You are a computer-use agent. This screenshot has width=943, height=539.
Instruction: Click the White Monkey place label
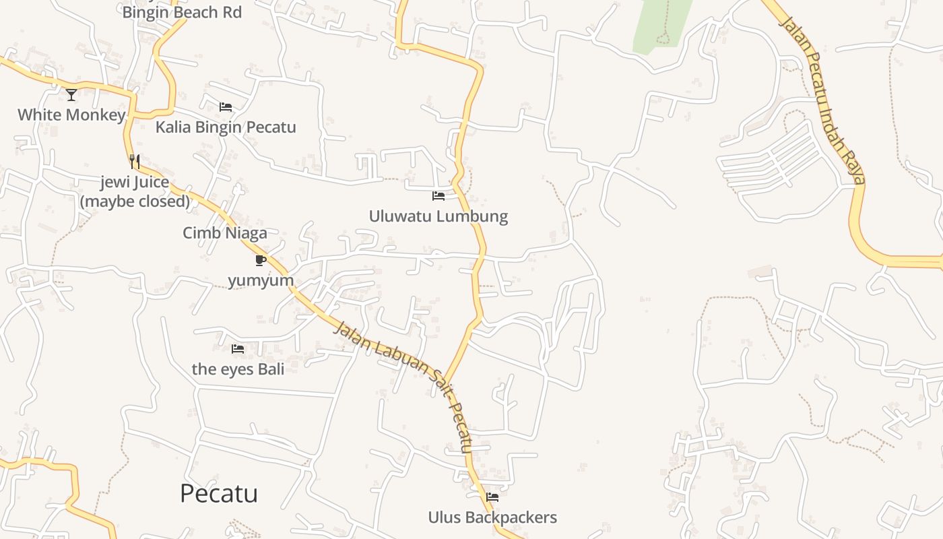[71, 115]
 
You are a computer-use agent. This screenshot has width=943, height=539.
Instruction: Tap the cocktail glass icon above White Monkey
[71, 94]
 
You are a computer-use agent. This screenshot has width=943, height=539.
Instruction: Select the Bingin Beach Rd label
[182, 12]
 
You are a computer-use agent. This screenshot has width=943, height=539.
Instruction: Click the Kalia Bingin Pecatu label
[226, 127]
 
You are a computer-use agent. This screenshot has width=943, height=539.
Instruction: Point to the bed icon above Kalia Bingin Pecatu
[226, 107]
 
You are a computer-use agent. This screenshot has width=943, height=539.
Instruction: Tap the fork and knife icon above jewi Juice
[135, 161]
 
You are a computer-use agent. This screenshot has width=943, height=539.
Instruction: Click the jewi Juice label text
[135, 183]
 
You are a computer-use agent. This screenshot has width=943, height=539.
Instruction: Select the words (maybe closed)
[135, 201]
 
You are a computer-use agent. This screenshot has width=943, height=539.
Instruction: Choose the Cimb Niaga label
[225, 233]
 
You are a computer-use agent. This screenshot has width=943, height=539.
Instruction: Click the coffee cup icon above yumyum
[261, 260]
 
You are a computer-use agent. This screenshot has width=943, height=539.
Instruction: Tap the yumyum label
[261, 280]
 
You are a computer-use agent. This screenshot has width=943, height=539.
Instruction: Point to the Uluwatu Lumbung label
[438, 216]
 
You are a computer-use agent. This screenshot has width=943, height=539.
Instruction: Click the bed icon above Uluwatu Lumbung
[438, 196]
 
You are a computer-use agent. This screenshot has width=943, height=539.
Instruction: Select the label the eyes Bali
[238, 369]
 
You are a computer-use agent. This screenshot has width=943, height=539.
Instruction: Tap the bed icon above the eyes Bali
[238, 348]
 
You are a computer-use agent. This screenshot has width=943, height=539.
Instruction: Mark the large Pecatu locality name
[219, 493]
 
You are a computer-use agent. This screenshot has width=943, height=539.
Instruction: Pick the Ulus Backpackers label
[492, 517]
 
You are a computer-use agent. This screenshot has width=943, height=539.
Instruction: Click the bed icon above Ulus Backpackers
[492, 497]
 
